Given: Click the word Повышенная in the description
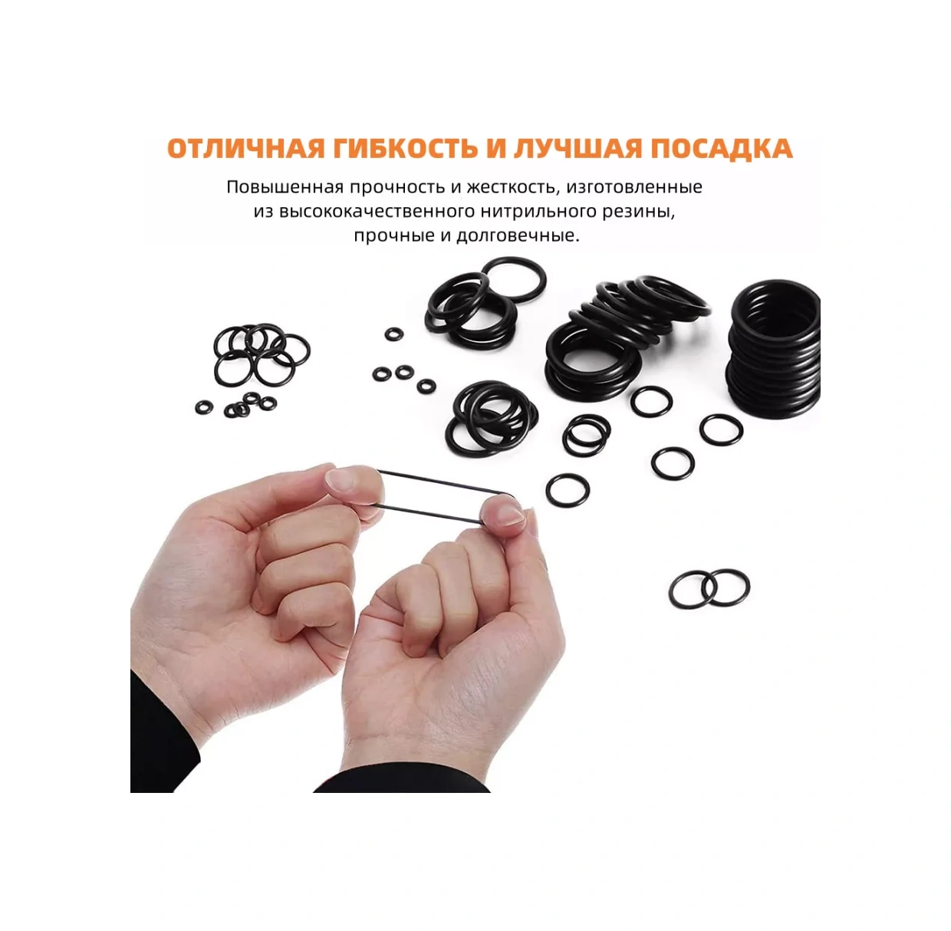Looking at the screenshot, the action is point(285,187).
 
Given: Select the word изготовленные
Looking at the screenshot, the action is point(634,188).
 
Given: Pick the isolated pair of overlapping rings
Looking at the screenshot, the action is point(709,589).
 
